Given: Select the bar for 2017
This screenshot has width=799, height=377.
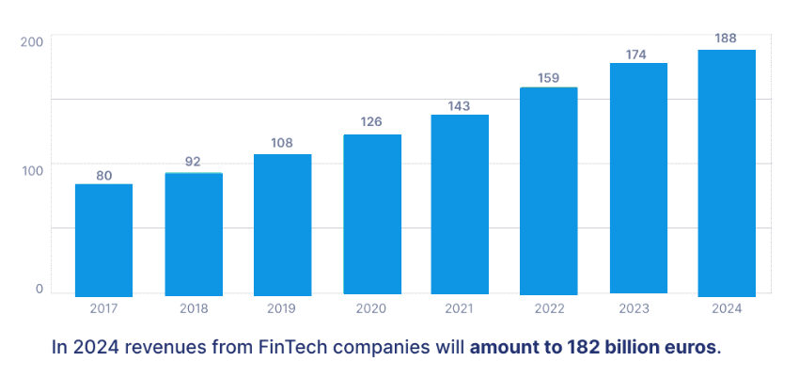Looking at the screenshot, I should [x=103, y=240].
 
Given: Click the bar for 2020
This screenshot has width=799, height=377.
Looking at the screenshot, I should [x=371, y=214].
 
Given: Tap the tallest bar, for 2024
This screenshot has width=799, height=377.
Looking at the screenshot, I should [x=727, y=173].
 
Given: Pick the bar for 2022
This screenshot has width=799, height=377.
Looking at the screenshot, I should [x=548, y=191].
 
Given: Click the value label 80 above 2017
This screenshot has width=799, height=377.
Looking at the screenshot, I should [x=103, y=176].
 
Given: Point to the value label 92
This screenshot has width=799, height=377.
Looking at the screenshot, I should [x=193, y=162].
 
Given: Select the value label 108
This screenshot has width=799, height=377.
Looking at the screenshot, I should [x=282, y=145].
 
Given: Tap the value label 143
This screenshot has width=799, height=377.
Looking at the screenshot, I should [x=459, y=105].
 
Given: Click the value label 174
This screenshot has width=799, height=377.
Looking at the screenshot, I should [x=636, y=55].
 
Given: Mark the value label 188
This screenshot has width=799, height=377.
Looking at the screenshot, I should [x=727, y=39].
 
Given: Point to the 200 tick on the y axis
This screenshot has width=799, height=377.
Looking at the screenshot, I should [x=31, y=42].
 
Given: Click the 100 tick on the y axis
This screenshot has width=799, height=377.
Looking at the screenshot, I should [x=31, y=170].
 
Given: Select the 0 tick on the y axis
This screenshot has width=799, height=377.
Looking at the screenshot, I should [x=39, y=289].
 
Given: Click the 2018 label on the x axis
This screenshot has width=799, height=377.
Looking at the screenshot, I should [x=193, y=307].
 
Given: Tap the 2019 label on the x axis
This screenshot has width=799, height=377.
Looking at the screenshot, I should [x=282, y=307].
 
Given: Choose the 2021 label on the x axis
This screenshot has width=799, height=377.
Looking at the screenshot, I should [x=459, y=307].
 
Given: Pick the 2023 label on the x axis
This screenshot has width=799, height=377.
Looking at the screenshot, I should [x=636, y=307].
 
